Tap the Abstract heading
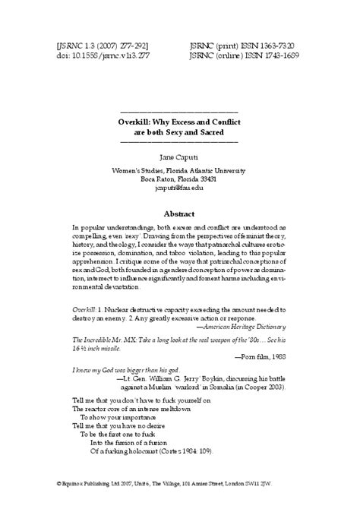click(x=180, y=213)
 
